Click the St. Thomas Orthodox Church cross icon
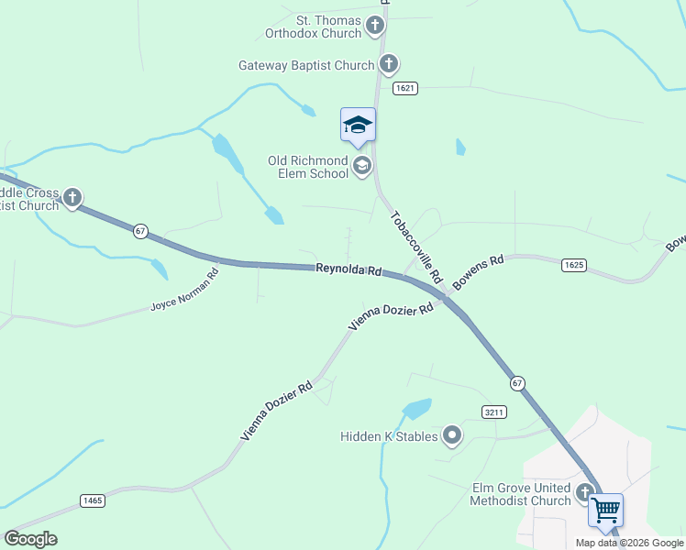[374, 26]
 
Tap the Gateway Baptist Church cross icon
[389, 64]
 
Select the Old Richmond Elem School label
[308, 167]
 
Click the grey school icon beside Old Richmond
[361, 166]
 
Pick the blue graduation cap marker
[358, 126]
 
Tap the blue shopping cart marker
[605, 511]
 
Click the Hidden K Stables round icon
[451, 435]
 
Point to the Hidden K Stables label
[389, 436]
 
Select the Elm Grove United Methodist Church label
[520, 494]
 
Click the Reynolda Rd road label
[349, 269]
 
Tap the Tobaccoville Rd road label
[416, 247]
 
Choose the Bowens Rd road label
[479, 272]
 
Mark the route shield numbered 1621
[406, 88]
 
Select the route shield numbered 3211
[493, 412]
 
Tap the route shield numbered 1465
[92, 500]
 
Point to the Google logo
[30, 539]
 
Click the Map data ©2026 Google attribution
[629, 543]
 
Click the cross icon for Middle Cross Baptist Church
[72, 198]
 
